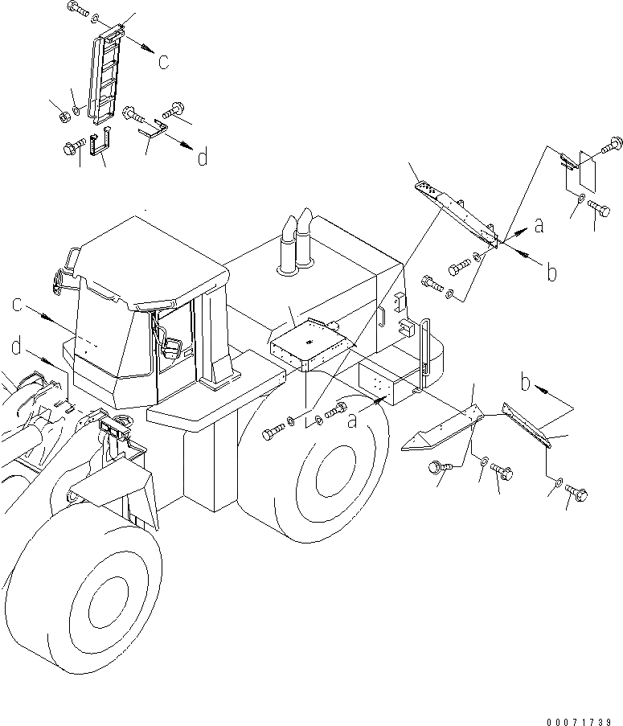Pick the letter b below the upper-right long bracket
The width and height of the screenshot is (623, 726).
point(551,273)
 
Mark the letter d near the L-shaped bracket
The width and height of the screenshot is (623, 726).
point(202,157)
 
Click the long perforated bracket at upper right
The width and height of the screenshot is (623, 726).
point(457,212)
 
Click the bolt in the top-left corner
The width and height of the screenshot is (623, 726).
point(77,10)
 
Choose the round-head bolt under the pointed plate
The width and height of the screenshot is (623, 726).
point(440,466)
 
